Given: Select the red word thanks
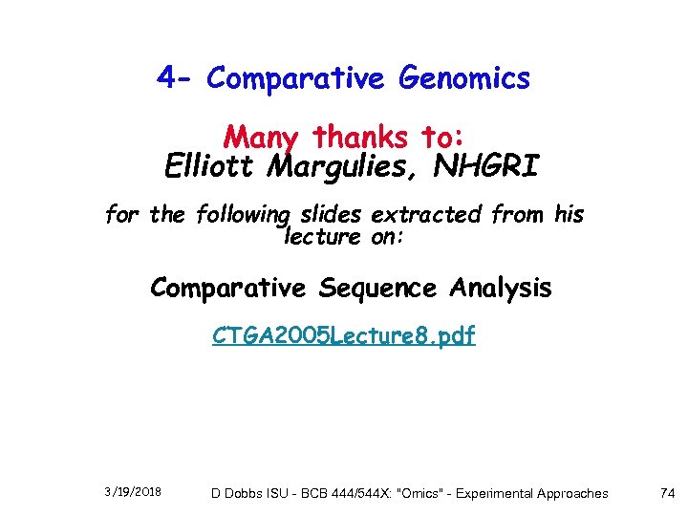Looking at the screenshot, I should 359,137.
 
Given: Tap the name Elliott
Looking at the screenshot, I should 209,167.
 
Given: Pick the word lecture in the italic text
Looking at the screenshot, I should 321,235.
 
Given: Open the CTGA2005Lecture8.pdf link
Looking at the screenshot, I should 343,336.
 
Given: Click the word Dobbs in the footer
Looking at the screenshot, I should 244,493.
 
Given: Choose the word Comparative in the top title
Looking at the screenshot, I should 276,78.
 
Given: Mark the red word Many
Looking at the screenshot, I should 260,137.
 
